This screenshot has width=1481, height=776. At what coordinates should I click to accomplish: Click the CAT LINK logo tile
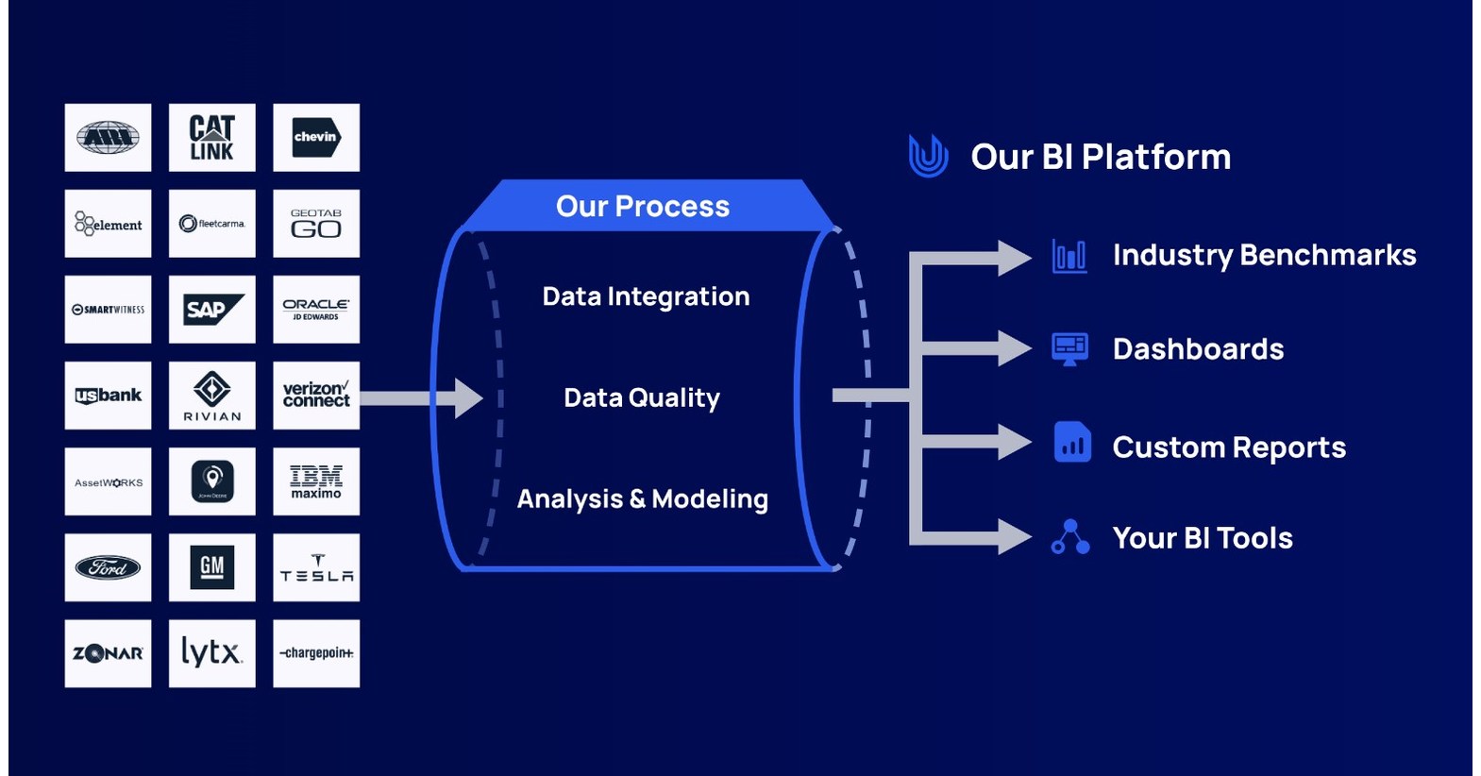pos(211,138)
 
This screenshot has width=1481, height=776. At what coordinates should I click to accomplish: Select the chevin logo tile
pos(315,138)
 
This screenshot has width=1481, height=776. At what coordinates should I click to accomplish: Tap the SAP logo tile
pos(211,310)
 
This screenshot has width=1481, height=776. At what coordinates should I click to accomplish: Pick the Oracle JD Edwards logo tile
pos(315,310)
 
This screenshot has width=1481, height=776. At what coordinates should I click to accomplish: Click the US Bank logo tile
pos(108,396)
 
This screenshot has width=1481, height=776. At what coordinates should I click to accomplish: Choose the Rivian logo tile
pos(211,396)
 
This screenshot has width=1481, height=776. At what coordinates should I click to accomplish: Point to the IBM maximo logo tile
pos(315,481)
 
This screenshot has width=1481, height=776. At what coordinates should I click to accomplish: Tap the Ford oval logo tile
pos(108,567)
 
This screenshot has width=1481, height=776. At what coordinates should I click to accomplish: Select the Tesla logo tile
pos(315,567)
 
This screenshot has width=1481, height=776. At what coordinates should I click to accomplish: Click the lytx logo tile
pos(211,653)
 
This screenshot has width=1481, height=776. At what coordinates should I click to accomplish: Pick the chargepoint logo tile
pos(315,653)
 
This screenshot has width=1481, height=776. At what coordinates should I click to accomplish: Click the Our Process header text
pos(642,207)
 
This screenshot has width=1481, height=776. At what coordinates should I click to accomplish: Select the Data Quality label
pos(642,398)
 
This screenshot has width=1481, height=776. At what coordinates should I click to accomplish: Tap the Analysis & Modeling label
pos(642,499)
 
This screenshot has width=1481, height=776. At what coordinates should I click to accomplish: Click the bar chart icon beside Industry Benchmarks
pos(1069,256)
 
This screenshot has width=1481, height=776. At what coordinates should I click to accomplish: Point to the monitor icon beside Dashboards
pos(1069,349)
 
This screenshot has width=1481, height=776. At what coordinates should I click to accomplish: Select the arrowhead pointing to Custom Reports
pos(1014,442)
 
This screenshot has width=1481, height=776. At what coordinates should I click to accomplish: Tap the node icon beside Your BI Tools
pos(1069,537)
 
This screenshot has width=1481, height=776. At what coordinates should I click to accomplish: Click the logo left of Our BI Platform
pos(928,156)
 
